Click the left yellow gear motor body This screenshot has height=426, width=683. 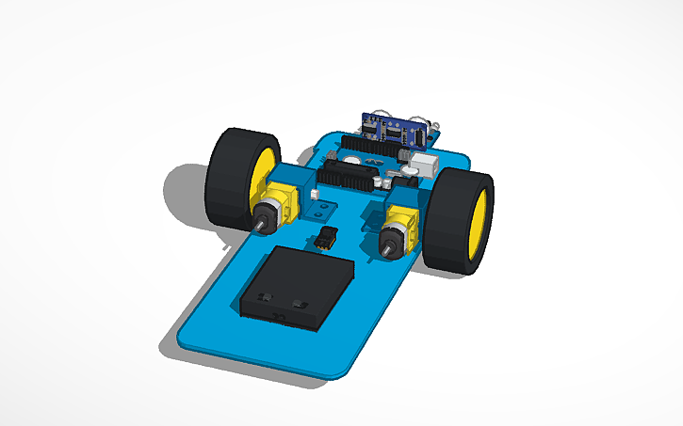(279, 202)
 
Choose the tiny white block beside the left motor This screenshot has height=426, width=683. (315, 195)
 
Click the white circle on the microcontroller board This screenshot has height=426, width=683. (350, 161)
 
